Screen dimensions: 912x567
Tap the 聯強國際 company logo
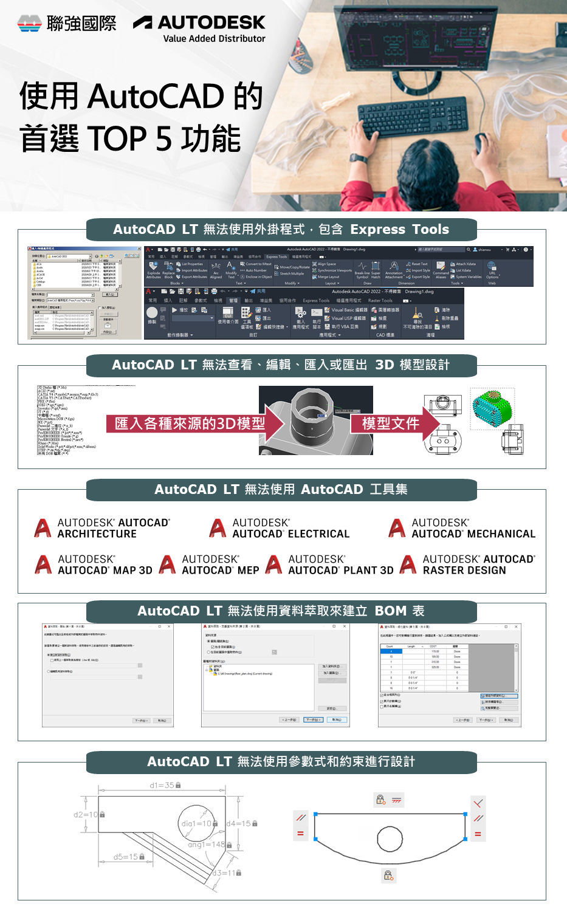click(x=67, y=23)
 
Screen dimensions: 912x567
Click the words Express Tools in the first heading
click(x=399, y=229)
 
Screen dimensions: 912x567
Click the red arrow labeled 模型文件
click(x=395, y=423)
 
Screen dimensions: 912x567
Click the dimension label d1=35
click(x=162, y=785)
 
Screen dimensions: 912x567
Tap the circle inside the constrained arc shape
click(x=390, y=840)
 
